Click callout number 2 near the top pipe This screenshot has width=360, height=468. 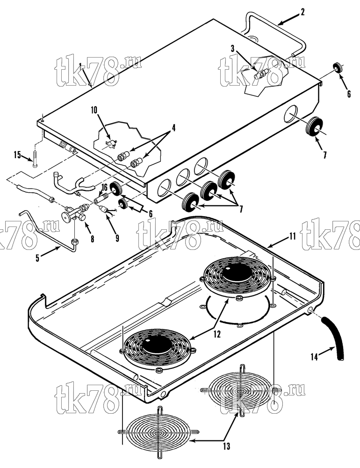tap(302, 13)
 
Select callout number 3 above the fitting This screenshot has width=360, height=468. tap(233, 48)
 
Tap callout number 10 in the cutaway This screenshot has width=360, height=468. tap(94, 110)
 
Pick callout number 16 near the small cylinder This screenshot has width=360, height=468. tap(104, 188)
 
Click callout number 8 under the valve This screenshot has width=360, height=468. tap(93, 239)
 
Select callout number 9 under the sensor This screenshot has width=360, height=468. tap(117, 238)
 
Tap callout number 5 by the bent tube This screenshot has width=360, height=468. tap(37, 258)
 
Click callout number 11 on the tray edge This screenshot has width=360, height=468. tap(292, 237)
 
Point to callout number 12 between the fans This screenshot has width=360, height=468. tap(217, 334)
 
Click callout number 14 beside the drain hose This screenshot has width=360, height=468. tap(314, 357)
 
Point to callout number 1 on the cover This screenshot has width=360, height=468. tap(80, 65)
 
